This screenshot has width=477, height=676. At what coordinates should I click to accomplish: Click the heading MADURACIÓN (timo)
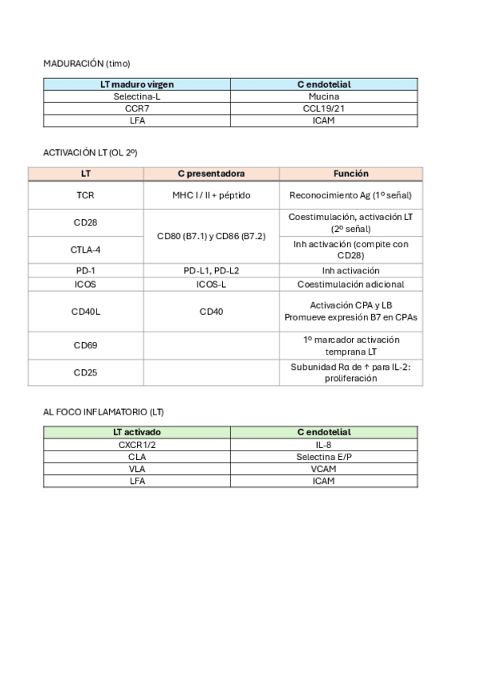pos(86,64)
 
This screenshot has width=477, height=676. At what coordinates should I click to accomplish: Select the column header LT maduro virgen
pos(137,84)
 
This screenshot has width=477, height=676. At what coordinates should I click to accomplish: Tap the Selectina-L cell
pos(137,96)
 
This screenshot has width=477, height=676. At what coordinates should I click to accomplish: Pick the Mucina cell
pos(323,96)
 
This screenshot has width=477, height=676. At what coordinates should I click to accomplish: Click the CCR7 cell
pos(137,108)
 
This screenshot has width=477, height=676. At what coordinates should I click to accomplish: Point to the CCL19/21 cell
pos(323,108)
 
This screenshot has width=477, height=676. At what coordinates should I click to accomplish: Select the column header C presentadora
pos(211,174)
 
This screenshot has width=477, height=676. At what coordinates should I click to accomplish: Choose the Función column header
pos(350,174)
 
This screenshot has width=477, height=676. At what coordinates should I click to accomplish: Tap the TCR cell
pos(86,195)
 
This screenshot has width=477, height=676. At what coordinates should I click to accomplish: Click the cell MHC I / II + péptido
pos(211,195)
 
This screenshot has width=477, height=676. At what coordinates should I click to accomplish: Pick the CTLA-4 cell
pos(86,250)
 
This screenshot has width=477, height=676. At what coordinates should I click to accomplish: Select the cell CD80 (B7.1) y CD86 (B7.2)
pos(211,236)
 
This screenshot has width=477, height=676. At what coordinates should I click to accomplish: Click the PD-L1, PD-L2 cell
pos(211,271)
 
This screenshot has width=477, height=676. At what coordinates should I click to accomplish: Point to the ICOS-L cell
pos(211,285)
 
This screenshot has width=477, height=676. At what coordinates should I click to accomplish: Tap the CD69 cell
pos(86,346)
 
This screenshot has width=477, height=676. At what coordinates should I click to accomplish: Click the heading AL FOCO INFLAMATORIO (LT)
pos(104,411)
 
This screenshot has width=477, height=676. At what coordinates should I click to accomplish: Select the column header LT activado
pos(137,432)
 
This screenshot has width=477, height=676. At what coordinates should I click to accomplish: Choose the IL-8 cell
pos(323,444)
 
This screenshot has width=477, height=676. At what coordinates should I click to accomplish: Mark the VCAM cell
pos(323,469)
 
